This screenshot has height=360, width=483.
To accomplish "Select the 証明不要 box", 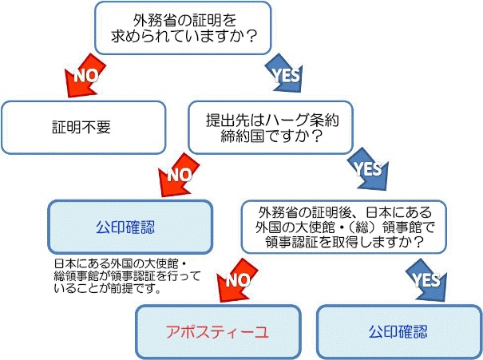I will pyautogui.click(x=84, y=126).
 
